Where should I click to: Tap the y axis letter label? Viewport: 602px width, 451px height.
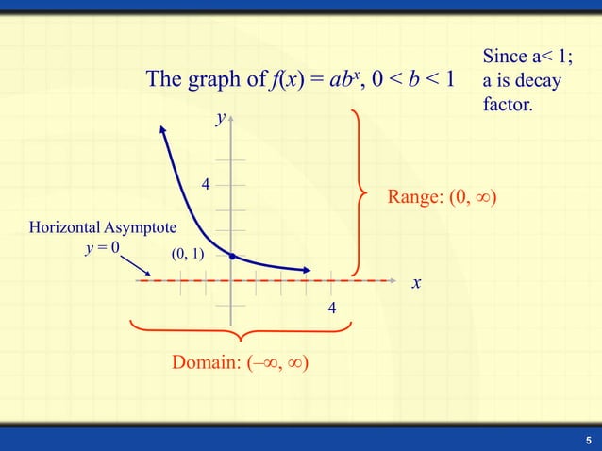coord(220,118)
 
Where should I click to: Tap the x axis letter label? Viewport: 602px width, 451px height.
coord(416,283)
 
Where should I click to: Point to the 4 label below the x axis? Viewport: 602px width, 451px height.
coord(332,309)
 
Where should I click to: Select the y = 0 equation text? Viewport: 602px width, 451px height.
coord(102,247)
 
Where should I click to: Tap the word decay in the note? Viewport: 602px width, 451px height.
coord(538,81)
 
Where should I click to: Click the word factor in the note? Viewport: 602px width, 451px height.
coord(508,104)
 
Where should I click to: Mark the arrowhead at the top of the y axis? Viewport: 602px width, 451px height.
coord(232,119)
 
